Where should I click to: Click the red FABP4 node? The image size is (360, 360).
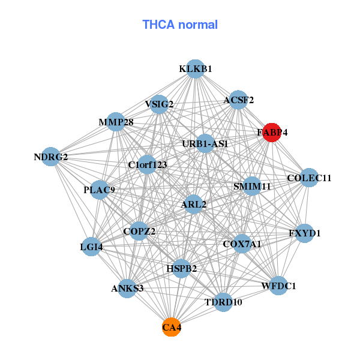272,133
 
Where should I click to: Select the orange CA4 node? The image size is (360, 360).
171,328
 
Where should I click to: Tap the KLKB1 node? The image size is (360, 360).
195,69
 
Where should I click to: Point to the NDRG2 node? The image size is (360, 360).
51,157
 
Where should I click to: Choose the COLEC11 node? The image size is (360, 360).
309,178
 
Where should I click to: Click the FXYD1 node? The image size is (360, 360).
305,233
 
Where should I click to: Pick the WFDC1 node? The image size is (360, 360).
278,286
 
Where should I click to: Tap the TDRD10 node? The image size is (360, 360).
223,302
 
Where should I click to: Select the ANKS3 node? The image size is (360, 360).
127,289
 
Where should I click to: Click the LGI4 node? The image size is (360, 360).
91,246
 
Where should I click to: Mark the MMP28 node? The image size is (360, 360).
116,122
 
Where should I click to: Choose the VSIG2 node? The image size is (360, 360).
159,104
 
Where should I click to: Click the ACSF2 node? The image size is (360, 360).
239,100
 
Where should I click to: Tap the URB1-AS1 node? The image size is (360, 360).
205,143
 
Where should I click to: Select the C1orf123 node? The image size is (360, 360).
148,164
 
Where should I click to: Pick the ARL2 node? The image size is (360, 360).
193,205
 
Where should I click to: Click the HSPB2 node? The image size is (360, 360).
181,268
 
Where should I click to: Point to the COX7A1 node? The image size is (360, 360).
242,244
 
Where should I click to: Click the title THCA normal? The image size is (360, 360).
180,25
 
